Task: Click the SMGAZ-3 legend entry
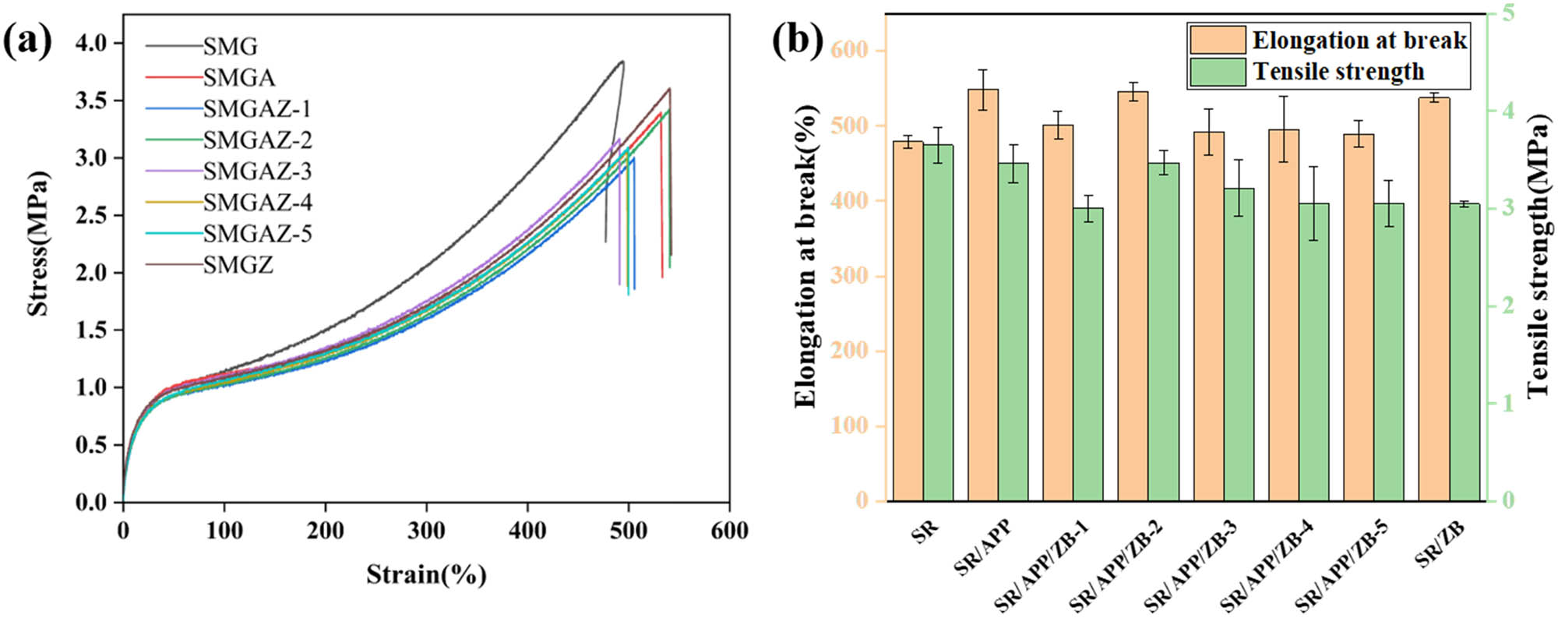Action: (x=257, y=171)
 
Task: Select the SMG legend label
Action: (x=231, y=47)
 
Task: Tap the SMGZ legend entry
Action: (x=238, y=265)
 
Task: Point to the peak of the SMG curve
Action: (x=622, y=62)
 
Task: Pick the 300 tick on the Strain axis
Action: (x=426, y=531)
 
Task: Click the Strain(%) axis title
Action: (x=426, y=575)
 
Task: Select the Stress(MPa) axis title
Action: (x=37, y=243)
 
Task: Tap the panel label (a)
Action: (x=28, y=41)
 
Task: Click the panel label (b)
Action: (x=797, y=41)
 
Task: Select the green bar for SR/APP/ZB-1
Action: (x=1088, y=354)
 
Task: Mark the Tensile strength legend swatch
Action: (x=1218, y=72)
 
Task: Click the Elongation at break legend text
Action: (x=1359, y=41)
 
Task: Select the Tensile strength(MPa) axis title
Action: (x=1537, y=256)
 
